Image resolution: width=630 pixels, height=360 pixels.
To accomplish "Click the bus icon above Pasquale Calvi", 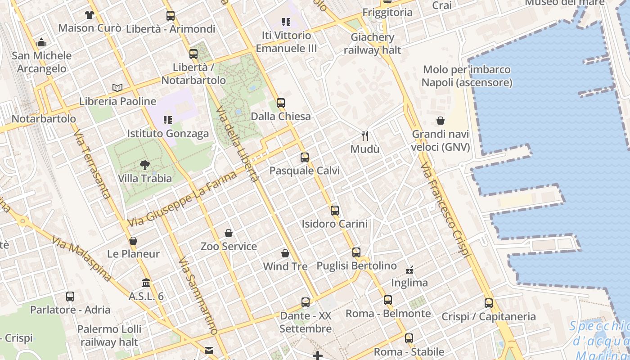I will [305, 157].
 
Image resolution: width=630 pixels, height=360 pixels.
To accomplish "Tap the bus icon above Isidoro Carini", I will [334, 210].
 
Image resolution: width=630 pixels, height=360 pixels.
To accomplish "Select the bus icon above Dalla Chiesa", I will [281, 103].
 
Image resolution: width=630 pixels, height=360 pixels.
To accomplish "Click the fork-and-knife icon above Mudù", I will [365, 135].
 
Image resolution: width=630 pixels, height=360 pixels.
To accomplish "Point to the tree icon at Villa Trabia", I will [145, 165].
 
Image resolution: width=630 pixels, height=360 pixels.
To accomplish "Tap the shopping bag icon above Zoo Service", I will [229, 233].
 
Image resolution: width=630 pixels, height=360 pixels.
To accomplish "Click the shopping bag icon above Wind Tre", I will [285, 253].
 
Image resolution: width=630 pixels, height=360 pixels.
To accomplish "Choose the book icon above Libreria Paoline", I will [117, 88].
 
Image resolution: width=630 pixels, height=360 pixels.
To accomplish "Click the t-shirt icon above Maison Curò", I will [90, 15].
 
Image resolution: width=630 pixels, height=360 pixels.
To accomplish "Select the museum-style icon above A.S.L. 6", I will [146, 283].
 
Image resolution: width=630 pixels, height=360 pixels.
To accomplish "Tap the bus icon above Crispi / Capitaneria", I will [489, 303].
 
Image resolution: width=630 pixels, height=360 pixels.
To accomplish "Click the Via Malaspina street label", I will [81, 258].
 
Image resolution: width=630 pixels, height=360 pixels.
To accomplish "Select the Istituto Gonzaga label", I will [168, 134].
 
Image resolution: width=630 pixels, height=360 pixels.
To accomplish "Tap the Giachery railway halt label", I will [372, 44].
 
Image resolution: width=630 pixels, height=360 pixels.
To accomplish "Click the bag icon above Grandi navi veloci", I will [441, 121].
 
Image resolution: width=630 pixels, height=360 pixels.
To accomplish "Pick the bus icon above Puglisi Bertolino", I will [356, 252].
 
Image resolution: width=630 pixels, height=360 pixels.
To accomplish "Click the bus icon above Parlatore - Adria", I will [70, 297].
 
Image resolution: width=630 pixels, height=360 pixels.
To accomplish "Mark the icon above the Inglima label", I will [409, 270].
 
